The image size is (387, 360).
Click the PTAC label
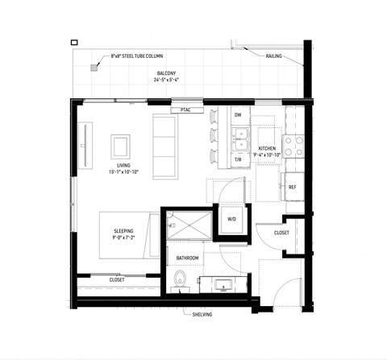186,108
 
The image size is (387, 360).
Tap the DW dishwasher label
238,115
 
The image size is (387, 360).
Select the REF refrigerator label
293,186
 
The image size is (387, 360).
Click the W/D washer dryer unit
230,219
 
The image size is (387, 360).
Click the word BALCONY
169,72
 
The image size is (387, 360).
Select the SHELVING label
201,314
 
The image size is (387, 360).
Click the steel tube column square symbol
94,68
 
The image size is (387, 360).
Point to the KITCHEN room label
268,149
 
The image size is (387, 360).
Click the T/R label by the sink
238,159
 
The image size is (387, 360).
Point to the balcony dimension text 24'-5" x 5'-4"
169,80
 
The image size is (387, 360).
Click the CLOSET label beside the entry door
281,233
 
